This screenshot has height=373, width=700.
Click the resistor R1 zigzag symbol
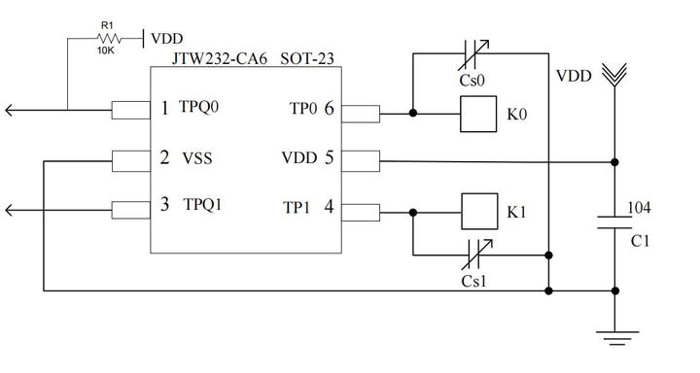click(108, 38)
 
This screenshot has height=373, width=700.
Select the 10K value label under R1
click(107, 51)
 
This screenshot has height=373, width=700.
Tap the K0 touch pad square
click(476, 115)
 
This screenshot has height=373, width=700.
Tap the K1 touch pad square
click(476, 211)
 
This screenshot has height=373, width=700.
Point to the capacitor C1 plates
click(614, 221)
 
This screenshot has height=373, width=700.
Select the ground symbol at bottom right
click(614, 337)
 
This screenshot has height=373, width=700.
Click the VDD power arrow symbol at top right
click(614, 74)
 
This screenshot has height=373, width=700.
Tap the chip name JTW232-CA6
click(216, 59)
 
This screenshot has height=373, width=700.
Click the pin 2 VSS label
click(187, 157)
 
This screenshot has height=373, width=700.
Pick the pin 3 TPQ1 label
click(192, 206)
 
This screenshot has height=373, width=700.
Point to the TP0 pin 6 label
click(310, 109)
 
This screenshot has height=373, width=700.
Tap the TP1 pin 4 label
click(309, 207)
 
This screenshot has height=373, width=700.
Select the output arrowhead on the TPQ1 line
click(10, 209)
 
